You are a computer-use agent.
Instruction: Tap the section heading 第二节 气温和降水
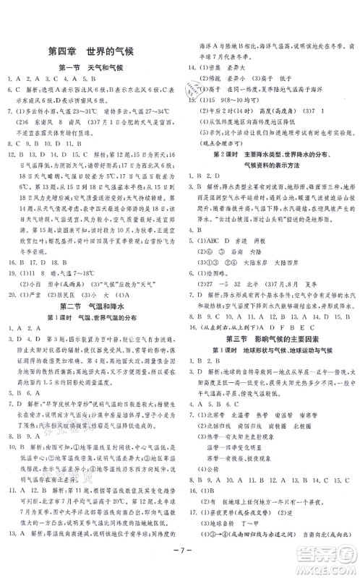click(90, 305)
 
